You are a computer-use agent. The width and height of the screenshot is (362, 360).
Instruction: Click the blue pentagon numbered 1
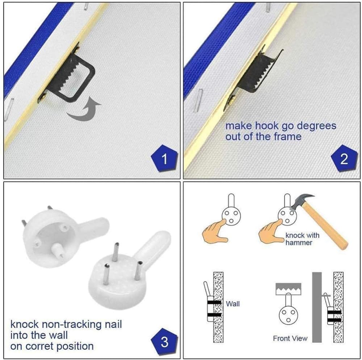tap(164, 159)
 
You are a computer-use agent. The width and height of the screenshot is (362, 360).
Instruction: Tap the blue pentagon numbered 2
tap(344, 159)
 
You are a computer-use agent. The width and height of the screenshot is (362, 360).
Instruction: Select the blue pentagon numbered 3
tap(164, 341)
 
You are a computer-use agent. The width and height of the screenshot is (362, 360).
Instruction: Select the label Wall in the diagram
tap(233, 304)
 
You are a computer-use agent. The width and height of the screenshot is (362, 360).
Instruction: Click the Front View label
tap(290, 339)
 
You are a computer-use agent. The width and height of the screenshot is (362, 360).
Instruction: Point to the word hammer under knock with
tap(299, 243)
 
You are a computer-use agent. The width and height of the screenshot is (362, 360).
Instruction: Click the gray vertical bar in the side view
tap(317, 307)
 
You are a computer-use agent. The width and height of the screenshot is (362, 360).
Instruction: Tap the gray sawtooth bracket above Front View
tap(289, 289)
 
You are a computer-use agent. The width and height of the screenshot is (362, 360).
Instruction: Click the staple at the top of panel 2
tap(268, 8)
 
